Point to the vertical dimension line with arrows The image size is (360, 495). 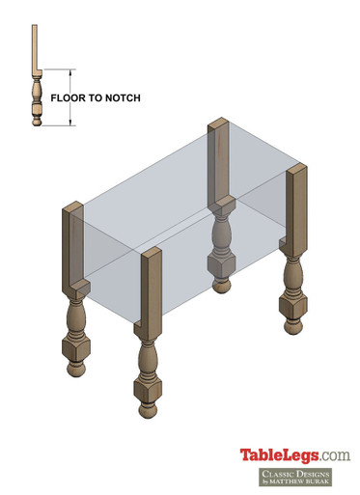pyautogui.click(x=69, y=96)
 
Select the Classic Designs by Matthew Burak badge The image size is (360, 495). pyautogui.click(x=294, y=478)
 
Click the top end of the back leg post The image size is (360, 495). pyautogui.click(x=218, y=124)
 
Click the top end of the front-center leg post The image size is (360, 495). pyautogui.click(x=149, y=253)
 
